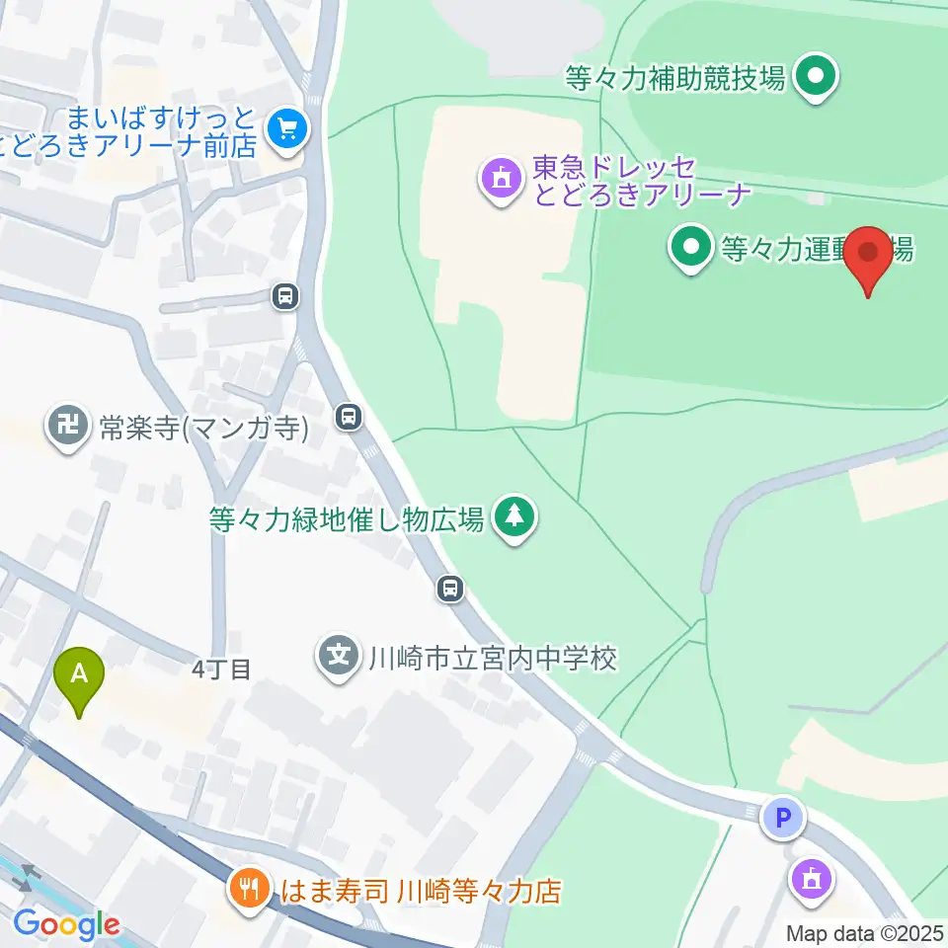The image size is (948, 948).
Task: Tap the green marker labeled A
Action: click(x=82, y=677)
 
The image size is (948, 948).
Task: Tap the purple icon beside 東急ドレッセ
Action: click(x=501, y=179)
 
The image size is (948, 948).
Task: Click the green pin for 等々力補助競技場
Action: click(x=817, y=75)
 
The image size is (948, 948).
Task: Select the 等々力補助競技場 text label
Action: click(x=676, y=77)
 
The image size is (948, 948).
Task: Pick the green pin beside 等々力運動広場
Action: click(x=690, y=247)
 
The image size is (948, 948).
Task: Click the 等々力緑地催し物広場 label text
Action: click(x=347, y=518)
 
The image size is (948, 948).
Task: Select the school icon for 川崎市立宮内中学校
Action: click(x=340, y=656)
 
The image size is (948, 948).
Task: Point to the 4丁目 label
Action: click(x=221, y=670)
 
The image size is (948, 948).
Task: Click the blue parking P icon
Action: click(x=783, y=818)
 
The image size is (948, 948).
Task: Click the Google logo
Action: click(x=66, y=925)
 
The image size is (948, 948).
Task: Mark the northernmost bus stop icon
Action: click(x=285, y=295)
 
